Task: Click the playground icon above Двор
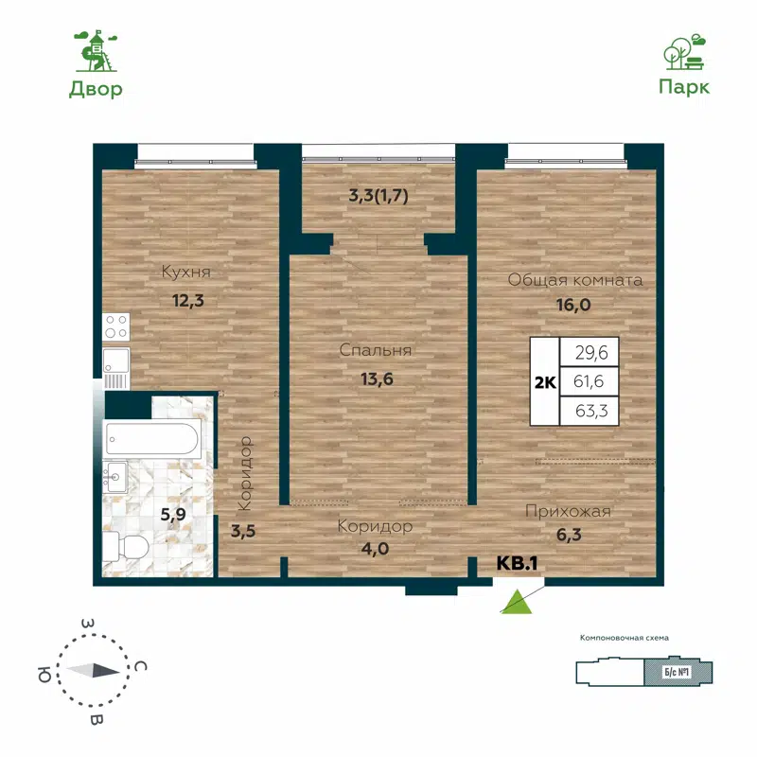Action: [96, 51]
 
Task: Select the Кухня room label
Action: [185, 273]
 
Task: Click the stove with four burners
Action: [117, 326]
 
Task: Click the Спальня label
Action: [376, 350]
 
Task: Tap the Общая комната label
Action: [575, 280]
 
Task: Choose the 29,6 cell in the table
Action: [590, 352]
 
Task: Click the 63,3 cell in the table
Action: [590, 411]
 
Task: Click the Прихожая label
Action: [568, 511]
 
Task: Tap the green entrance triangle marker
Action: [516, 602]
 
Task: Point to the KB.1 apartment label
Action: [518, 563]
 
